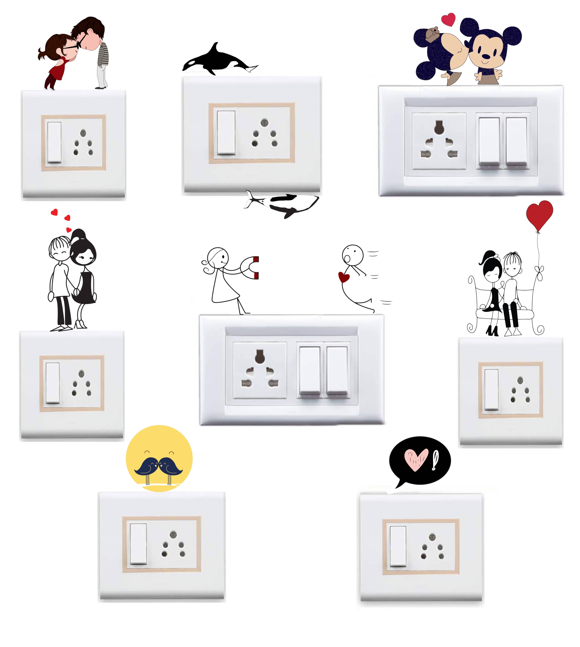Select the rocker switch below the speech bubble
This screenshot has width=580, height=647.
pos(398,546)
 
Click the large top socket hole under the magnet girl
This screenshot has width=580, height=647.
pos(260,356)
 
